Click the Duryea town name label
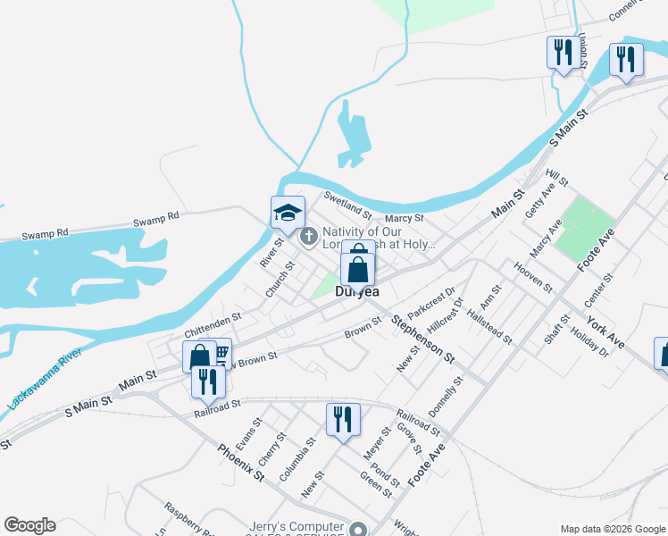tap(357, 291)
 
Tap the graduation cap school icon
tap(288, 213)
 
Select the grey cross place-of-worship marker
tap(309, 237)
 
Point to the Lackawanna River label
tap(44, 380)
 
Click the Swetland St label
tap(347, 206)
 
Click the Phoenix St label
tap(241, 462)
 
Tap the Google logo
tap(29, 525)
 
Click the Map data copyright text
tap(613, 529)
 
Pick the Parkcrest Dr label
tap(432, 304)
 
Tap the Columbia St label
tap(297, 459)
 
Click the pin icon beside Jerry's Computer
tap(359, 529)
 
